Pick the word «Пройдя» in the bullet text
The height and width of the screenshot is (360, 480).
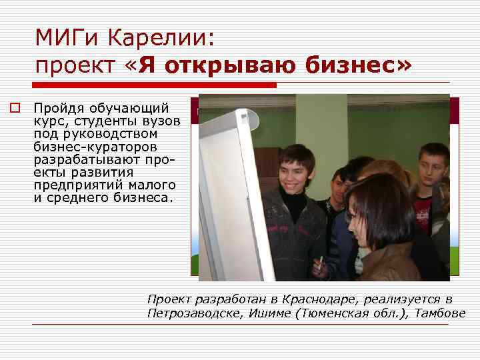point(56,108)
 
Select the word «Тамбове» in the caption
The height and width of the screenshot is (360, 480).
point(441,313)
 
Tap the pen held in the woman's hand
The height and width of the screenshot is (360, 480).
point(321,261)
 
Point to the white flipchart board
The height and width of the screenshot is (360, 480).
point(230,193)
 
